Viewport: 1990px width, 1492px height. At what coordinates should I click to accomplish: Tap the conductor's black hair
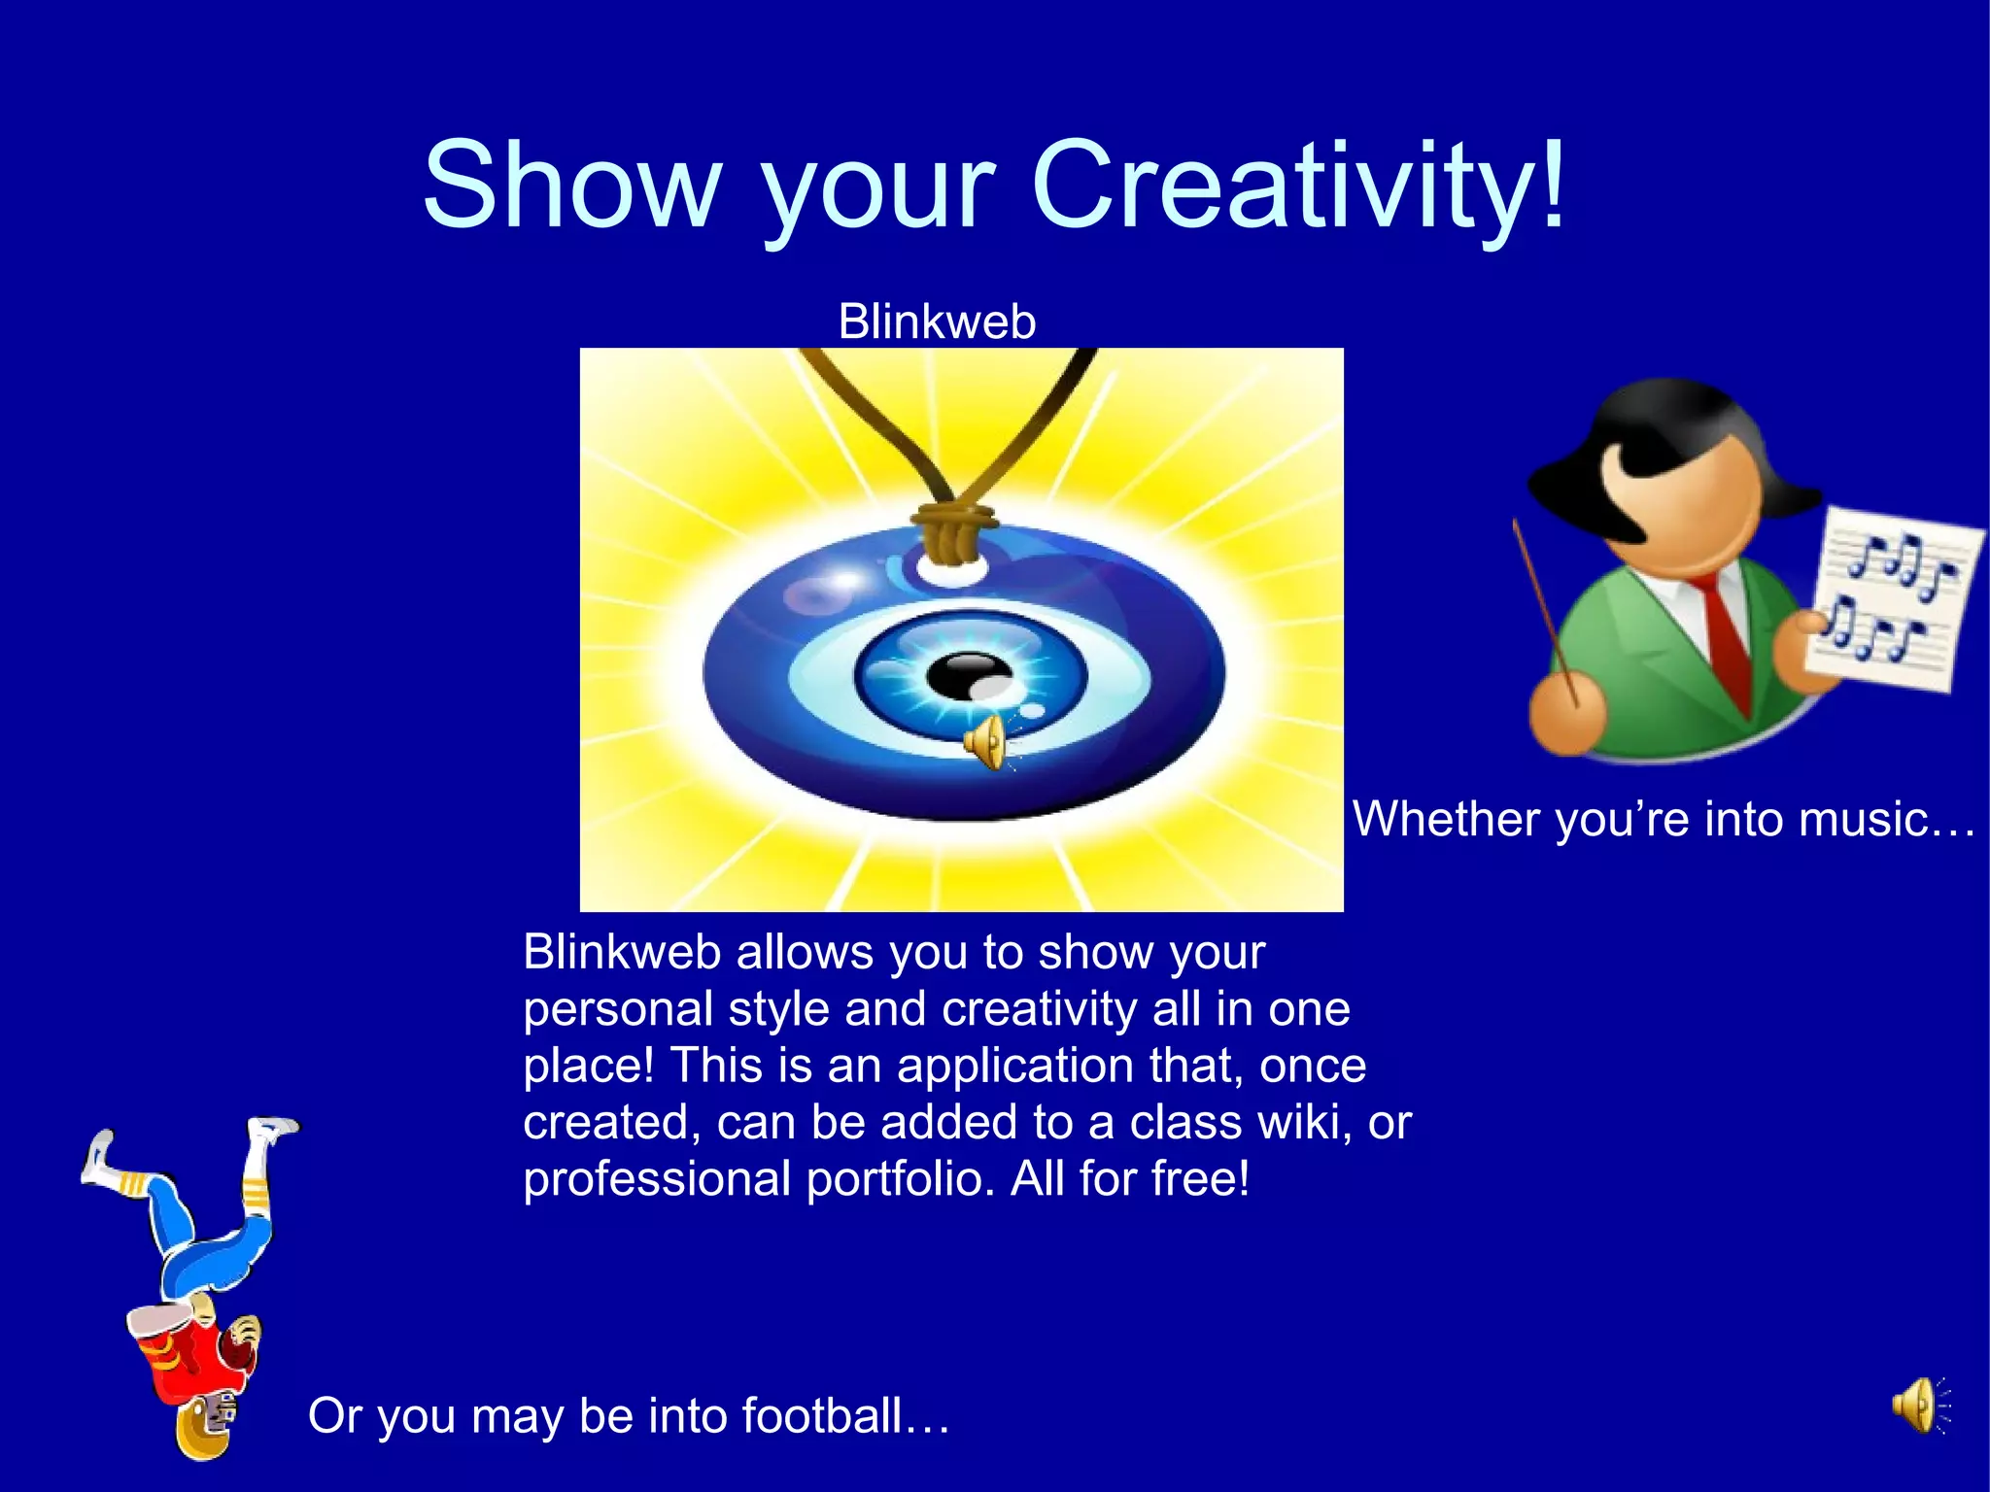point(1652,427)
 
